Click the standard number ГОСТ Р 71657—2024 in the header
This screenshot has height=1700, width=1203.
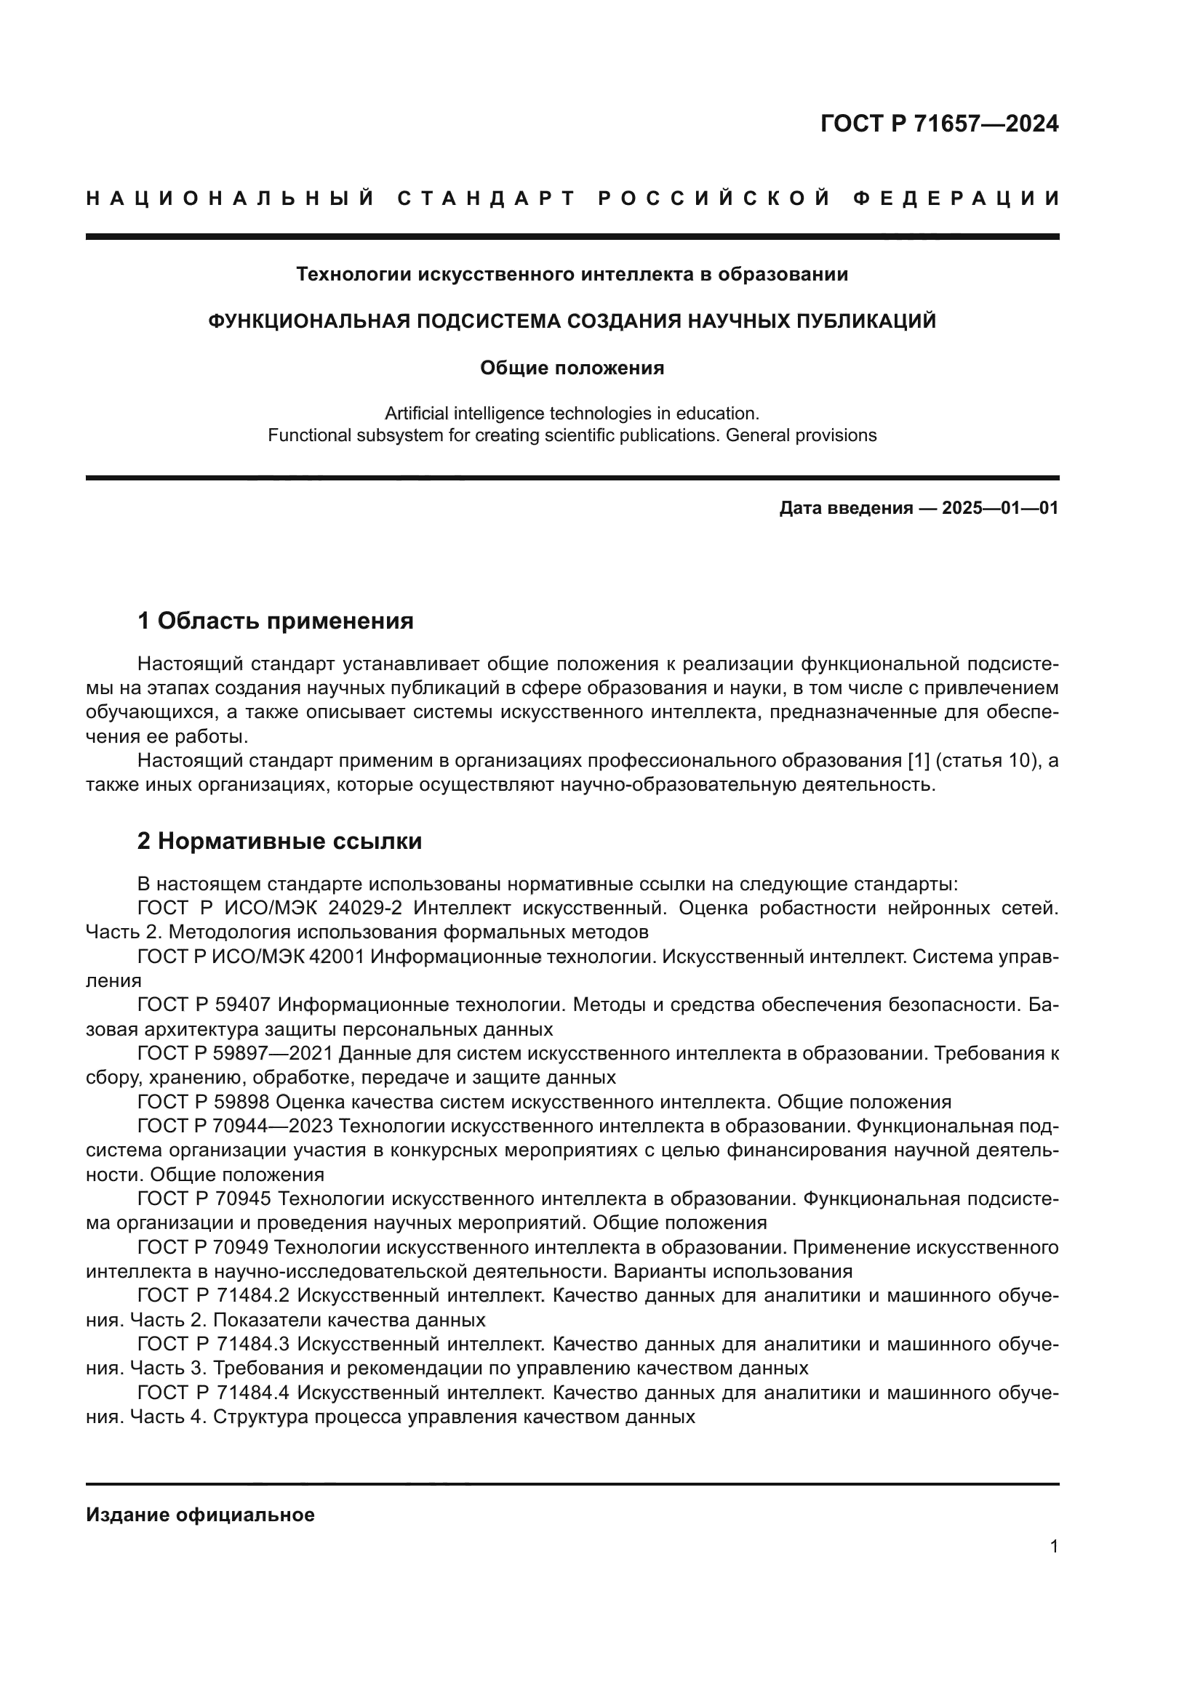pos(938,124)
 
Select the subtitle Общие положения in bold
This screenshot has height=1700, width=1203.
pos(572,368)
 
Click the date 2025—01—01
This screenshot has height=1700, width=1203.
pos(1000,508)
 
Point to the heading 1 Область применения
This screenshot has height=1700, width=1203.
pos(276,621)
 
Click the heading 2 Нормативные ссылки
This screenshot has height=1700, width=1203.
pos(280,841)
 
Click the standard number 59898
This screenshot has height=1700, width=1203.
pos(244,1102)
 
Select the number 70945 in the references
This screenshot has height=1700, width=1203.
pos(244,1199)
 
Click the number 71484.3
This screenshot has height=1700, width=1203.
pos(252,1344)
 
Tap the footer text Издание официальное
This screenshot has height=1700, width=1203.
pos(200,1515)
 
